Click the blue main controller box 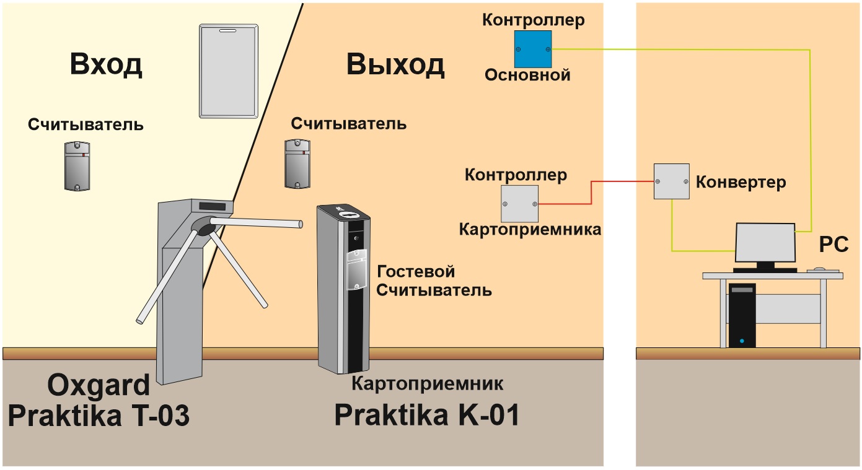tap(533, 50)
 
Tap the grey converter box tap(672, 181)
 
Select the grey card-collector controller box tap(519, 204)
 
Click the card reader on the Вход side tap(77, 166)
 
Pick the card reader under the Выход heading tap(297, 164)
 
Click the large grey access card tap(229, 71)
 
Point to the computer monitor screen tap(765, 243)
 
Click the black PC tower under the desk tap(742, 315)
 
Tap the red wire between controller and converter tap(591, 193)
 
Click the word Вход tap(106, 64)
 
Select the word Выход tap(395, 64)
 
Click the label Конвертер tap(741, 182)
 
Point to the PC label tap(833, 244)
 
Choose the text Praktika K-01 tap(427, 415)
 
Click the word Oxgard tap(99, 386)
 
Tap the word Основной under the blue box tap(527, 75)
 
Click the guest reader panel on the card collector tap(357, 269)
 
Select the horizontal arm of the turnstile tap(256, 222)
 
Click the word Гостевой tap(416, 272)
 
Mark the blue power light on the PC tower tap(742, 341)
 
